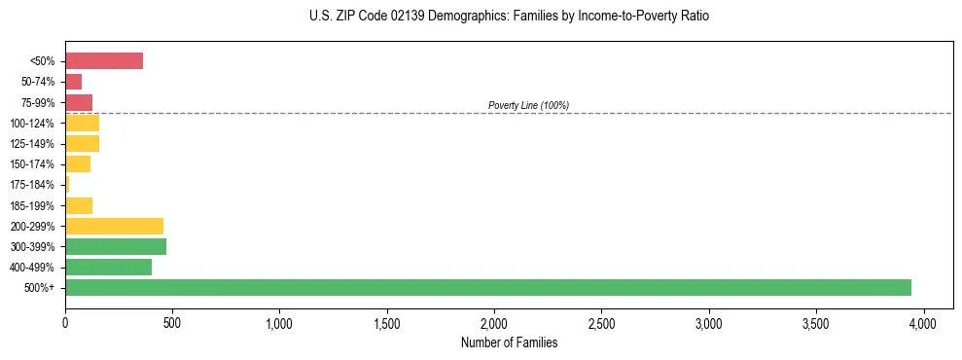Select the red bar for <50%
[104, 61]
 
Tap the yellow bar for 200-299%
[114, 226]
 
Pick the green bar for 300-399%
[116, 246]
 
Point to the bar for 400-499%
[108, 267]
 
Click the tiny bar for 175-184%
[67, 185]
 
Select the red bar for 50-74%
[74, 82]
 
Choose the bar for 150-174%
[78, 164]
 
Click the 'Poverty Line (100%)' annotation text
[528, 105]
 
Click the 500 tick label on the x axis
[172, 322]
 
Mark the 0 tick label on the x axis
[65, 322]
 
